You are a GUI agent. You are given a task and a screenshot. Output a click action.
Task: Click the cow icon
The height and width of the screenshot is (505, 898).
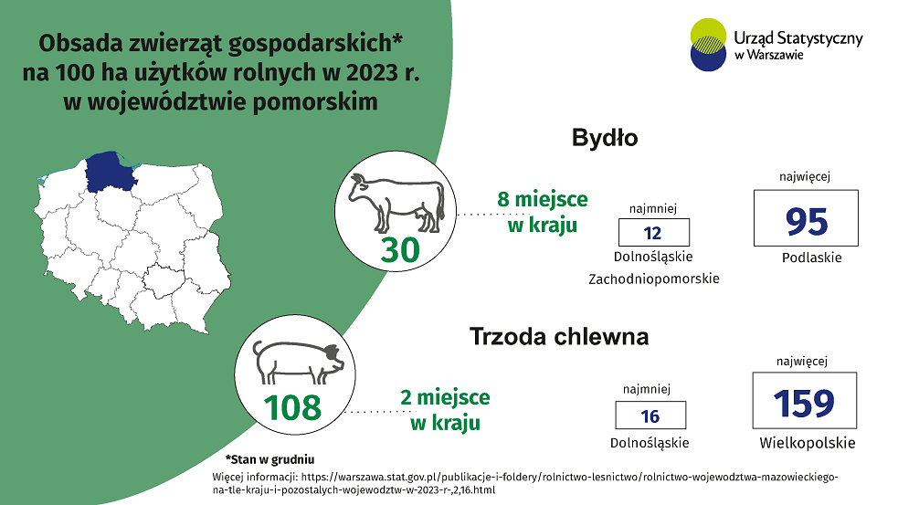click(x=396, y=204)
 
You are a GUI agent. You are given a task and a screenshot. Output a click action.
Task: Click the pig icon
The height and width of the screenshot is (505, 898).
click(x=299, y=362)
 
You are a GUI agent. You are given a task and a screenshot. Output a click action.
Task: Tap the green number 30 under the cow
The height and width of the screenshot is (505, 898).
click(x=400, y=250)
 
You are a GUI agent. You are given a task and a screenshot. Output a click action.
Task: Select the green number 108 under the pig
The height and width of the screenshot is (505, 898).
click(x=292, y=407)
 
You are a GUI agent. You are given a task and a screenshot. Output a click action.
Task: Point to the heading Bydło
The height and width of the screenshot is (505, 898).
click(x=605, y=138)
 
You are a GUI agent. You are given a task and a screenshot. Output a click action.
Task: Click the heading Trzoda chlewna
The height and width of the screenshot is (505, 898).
click(x=559, y=336)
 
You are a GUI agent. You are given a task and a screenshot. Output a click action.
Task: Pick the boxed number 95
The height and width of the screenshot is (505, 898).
click(x=807, y=222)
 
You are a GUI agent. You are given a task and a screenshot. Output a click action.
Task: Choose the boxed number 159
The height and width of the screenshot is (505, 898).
click(x=804, y=403)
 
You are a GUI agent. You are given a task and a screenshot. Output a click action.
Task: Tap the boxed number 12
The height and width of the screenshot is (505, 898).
click(x=653, y=233)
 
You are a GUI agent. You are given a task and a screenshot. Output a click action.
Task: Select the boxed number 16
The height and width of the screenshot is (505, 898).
click(x=650, y=416)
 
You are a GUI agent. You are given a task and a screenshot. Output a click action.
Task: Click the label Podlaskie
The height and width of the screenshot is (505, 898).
click(x=811, y=258)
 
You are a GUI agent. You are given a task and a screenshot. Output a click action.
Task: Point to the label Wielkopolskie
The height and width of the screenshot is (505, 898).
click(x=808, y=443)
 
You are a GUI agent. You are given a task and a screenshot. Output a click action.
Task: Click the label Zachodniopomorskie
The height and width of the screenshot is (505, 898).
click(x=654, y=279)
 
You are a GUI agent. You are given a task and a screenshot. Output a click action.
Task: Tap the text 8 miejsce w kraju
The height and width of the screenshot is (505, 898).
click(x=543, y=212)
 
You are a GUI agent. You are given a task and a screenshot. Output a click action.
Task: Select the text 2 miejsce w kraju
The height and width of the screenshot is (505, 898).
click(x=445, y=409)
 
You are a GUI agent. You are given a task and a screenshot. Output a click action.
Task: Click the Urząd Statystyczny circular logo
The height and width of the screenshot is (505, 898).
click(x=708, y=45)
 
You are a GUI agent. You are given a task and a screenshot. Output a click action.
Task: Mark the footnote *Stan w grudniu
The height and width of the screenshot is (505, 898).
click(x=269, y=459)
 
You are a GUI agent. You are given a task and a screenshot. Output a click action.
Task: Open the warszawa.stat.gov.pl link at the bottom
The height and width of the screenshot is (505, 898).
click(x=525, y=483)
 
